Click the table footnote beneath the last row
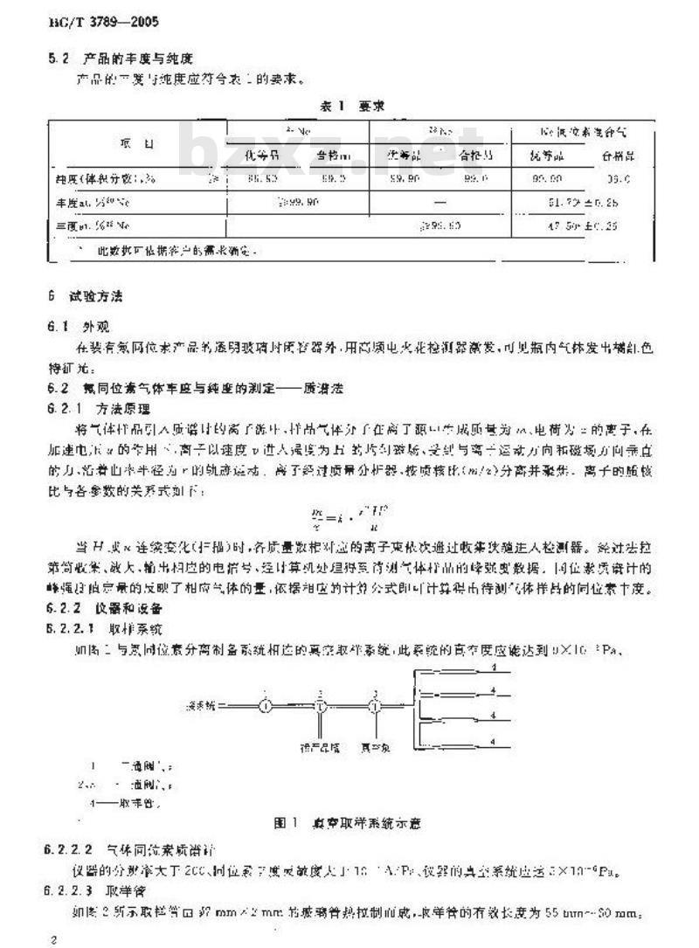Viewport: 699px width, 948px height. [x=166, y=250]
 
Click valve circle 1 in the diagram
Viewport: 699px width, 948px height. [x=268, y=680]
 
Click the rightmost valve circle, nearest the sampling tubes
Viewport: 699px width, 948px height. [x=376, y=680]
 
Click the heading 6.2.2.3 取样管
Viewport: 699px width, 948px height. [x=96, y=887]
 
